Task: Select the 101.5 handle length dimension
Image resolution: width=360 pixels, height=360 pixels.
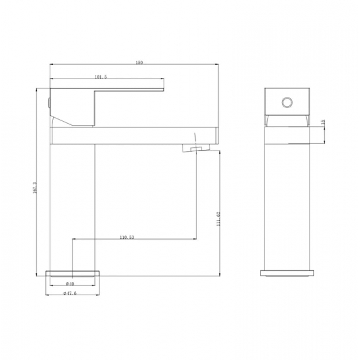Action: tap(101, 78)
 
